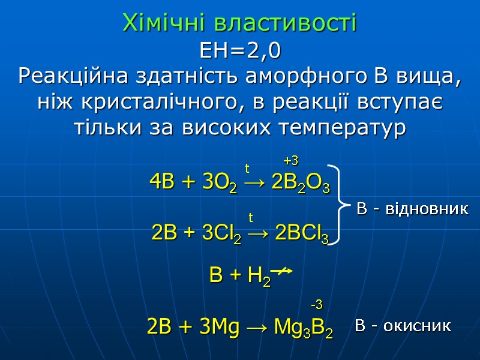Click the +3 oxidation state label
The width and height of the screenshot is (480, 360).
pyautogui.click(x=291, y=160)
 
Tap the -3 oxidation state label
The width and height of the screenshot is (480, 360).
pyautogui.click(x=316, y=304)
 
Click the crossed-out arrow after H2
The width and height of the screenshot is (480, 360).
pyautogui.click(x=281, y=272)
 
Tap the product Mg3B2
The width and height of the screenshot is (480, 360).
pyautogui.click(x=303, y=328)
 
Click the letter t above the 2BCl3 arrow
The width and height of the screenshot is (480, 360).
pyautogui.click(x=251, y=217)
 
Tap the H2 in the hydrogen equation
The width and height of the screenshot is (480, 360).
pyautogui.click(x=259, y=277)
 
